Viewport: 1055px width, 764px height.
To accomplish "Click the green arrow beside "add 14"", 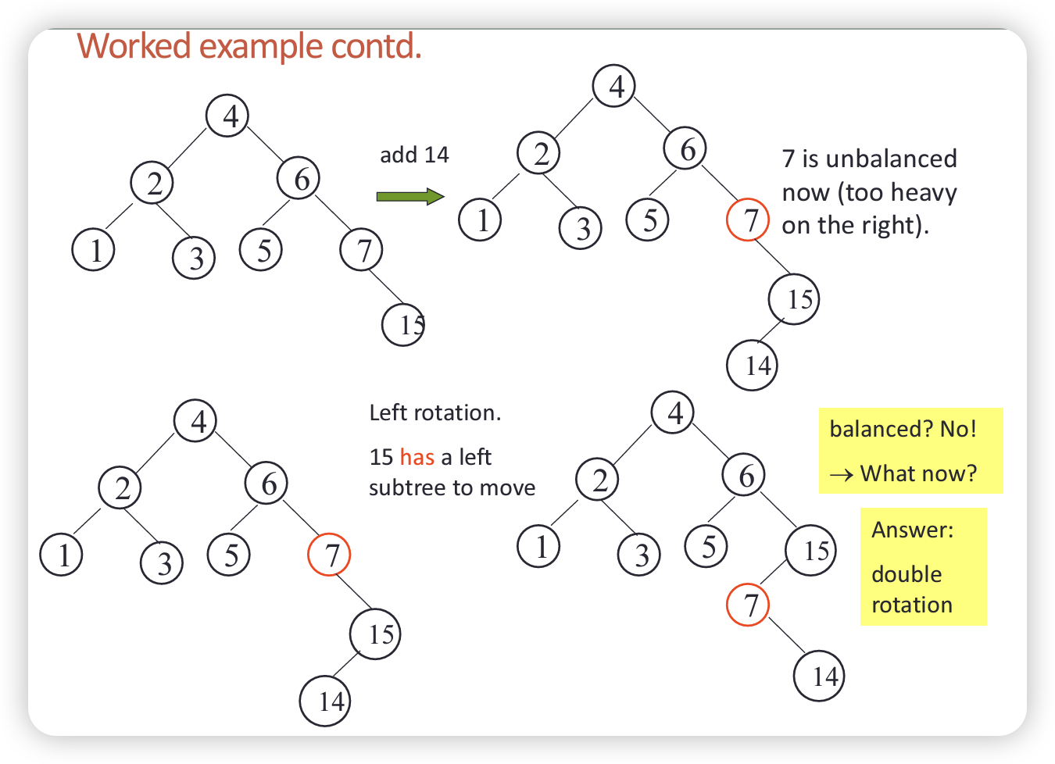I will click(x=409, y=196).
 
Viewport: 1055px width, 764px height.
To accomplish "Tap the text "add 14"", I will click(x=414, y=155).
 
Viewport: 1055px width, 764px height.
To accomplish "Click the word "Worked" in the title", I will click(x=134, y=46).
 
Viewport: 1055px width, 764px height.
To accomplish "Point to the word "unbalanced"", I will click(x=891, y=159).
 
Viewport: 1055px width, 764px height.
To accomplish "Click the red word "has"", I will click(x=417, y=457).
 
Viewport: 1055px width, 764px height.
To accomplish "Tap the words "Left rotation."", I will click(x=435, y=412).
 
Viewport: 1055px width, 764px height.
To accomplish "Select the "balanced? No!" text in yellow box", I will click(x=903, y=429).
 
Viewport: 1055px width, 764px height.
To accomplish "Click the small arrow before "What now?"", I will click(x=841, y=474).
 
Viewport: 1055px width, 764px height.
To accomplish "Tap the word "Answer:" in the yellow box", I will click(x=912, y=530).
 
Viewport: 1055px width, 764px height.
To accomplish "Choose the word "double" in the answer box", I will click(x=907, y=574).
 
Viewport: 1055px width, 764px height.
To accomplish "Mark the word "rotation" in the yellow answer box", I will click(x=911, y=605).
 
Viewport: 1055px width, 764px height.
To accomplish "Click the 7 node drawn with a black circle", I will click(x=362, y=251).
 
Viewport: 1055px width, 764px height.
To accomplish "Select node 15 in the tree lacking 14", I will click(x=404, y=324).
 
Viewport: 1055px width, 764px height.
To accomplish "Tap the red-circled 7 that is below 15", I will click(x=748, y=605).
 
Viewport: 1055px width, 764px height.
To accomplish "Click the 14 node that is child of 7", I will click(x=819, y=676).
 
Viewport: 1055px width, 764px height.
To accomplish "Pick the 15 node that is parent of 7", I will click(x=810, y=551).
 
